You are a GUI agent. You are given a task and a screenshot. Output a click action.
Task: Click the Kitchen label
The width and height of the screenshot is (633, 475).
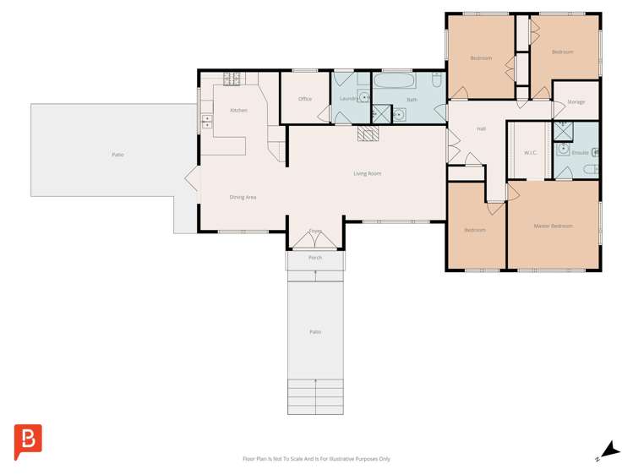tap(239, 111)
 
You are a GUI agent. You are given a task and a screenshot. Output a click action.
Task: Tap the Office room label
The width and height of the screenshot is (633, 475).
tap(305, 99)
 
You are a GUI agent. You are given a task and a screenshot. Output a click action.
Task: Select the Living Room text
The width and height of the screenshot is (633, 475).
tap(367, 174)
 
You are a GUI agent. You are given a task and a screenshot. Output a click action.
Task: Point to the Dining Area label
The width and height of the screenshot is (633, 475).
tap(243, 198)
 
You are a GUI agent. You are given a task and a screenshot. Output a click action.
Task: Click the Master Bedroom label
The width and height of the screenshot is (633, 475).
tap(553, 227)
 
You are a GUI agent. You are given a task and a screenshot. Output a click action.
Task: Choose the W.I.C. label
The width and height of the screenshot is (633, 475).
tap(531, 153)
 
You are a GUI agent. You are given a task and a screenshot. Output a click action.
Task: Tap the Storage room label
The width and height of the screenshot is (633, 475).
tap(576, 102)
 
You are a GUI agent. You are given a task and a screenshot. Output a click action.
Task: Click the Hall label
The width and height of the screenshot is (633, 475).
tap(481, 129)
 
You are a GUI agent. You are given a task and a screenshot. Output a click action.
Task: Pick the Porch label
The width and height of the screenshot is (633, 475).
tap(314, 258)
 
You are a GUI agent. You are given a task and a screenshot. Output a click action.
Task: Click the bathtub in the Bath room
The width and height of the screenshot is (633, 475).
tap(394, 82)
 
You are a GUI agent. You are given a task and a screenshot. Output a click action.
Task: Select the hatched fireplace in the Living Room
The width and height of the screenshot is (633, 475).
tap(369, 134)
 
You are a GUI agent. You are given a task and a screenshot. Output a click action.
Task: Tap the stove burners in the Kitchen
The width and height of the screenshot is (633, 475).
tap(233, 79)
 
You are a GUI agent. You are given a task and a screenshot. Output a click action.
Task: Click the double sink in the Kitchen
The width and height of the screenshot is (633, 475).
tap(206, 122)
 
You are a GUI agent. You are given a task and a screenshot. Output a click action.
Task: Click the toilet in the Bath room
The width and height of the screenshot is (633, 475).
tap(437, 81)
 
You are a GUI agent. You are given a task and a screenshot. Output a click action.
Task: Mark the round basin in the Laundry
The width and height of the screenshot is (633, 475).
tap(365, 98)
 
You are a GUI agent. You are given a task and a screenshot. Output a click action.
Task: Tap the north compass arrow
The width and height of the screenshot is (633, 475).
tap(609, 450)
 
